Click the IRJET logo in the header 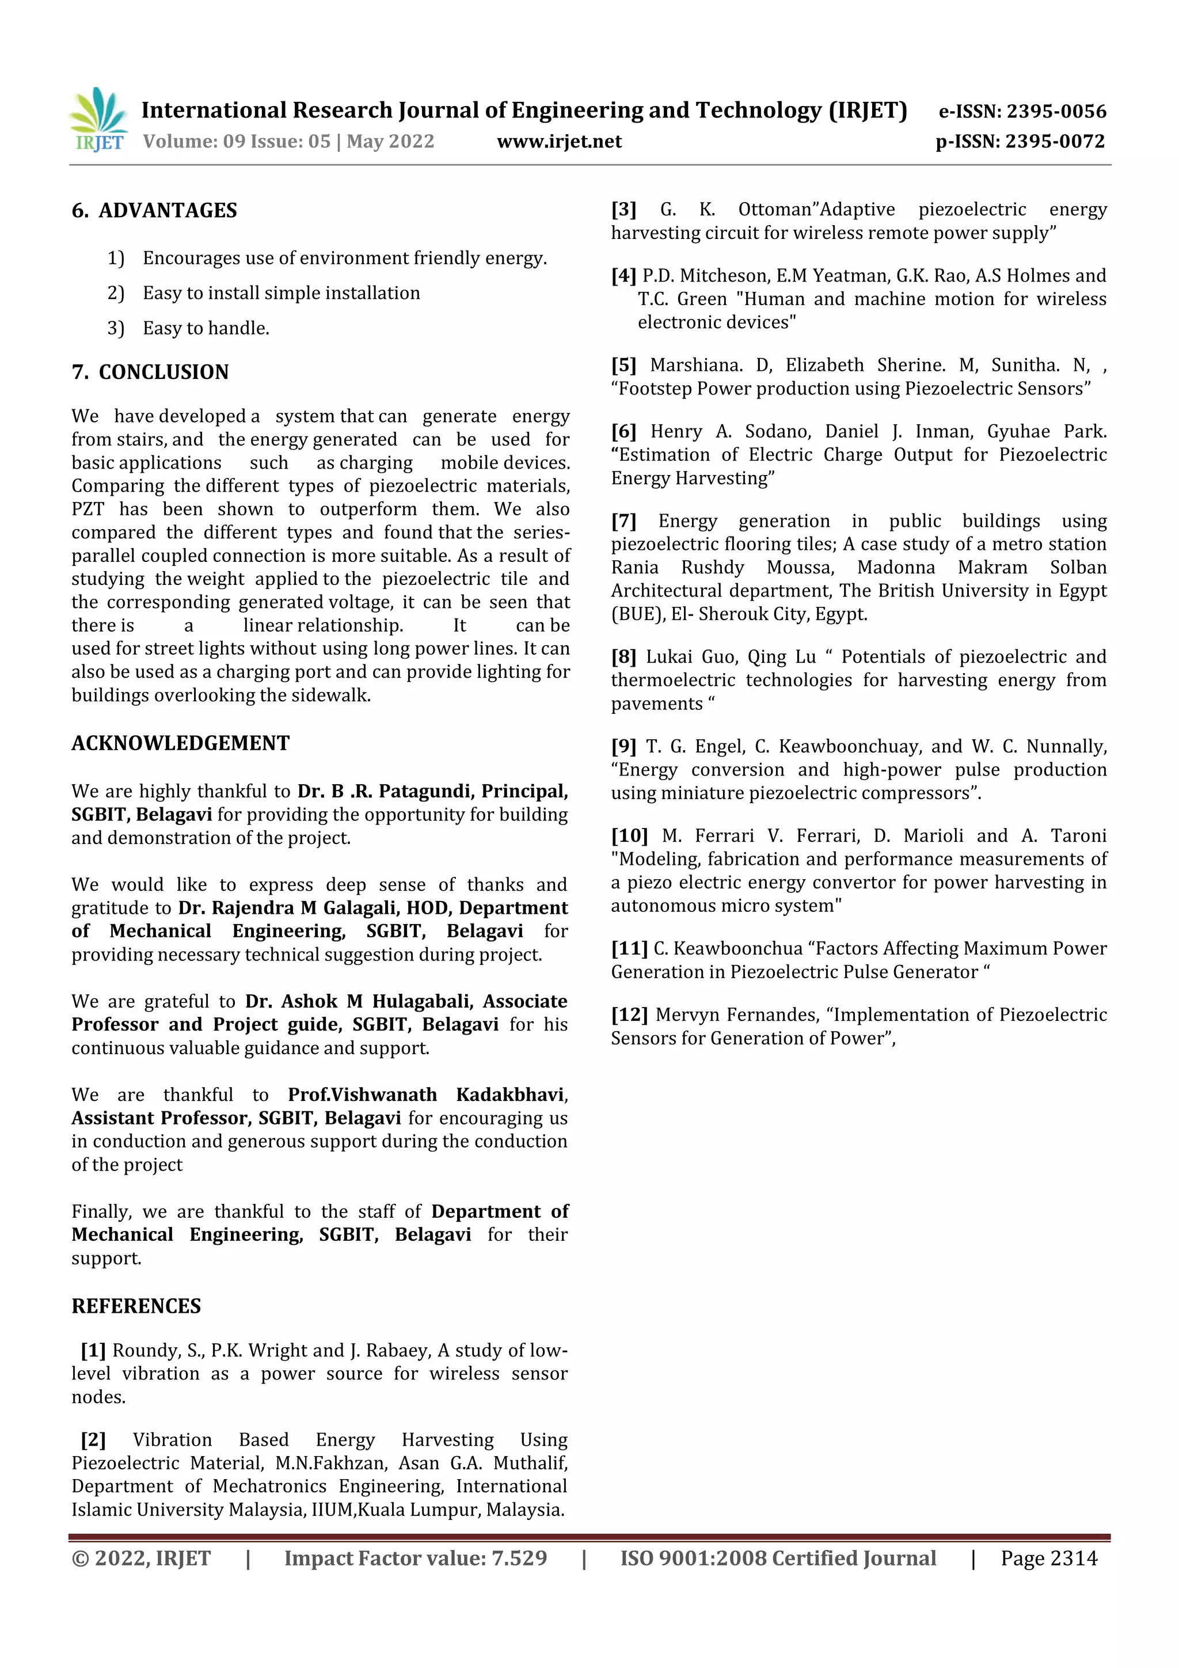(98, 119)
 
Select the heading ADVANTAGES (167, 211)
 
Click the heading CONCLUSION (163, 372)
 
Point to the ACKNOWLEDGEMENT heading (180, 743)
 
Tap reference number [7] (623, 521)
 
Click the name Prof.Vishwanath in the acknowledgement (363, 1095)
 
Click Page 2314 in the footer (1048, 1558)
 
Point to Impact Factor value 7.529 (415, 1558)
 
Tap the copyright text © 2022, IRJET (141, 1558)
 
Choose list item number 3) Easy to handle (206, 328)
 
